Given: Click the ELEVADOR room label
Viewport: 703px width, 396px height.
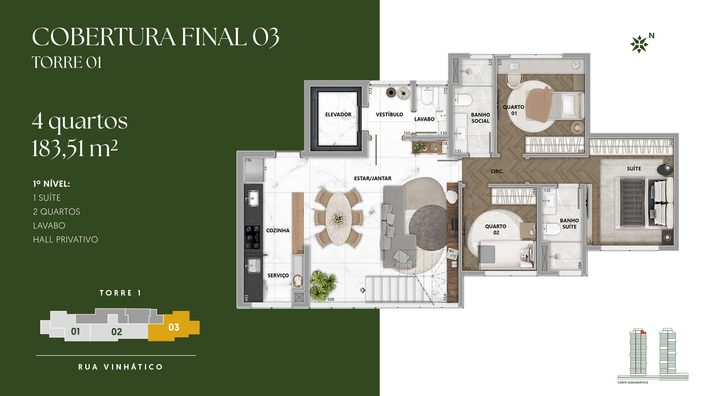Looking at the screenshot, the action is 338,114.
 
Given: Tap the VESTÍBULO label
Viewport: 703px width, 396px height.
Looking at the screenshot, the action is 389,114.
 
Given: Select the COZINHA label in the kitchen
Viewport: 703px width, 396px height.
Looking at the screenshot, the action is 278,230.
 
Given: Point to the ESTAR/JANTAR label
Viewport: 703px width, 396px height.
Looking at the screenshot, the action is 373,178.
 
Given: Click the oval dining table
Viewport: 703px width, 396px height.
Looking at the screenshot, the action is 339,219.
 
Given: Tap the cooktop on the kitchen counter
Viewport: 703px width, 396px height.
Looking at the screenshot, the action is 253,237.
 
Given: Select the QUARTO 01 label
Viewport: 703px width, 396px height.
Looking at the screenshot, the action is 513,110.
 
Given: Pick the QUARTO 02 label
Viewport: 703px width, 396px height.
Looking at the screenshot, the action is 496,229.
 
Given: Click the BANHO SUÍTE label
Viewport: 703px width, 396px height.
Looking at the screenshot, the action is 569,223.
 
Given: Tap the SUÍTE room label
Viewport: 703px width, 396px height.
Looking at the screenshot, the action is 634,169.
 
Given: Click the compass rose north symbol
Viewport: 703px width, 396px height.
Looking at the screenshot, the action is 639,44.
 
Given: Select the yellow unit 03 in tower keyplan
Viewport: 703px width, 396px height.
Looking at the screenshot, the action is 174,326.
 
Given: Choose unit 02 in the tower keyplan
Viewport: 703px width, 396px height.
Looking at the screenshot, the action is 116,331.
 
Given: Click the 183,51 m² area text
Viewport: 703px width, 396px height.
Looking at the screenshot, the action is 75,148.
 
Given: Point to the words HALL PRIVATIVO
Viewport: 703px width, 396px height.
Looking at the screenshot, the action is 66,239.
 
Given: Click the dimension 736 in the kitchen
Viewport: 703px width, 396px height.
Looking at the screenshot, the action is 248,160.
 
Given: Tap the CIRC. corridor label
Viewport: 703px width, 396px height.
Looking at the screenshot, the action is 497,171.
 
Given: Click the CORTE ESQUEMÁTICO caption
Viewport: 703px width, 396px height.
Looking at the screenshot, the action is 633,382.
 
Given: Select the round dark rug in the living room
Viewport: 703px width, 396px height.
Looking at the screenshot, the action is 428,227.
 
